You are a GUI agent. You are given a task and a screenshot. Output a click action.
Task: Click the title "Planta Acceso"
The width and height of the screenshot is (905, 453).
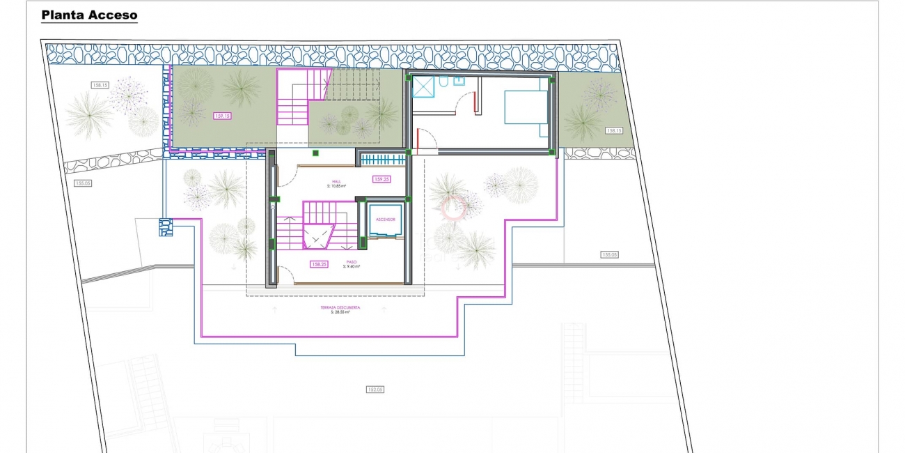tap(89, 15)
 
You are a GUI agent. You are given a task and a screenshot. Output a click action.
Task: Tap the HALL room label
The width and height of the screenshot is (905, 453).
tap(336, 181)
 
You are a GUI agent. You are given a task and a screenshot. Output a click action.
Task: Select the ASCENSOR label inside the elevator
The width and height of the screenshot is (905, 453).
tap(385, 220)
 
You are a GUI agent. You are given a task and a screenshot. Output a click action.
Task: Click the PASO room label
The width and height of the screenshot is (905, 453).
tap(351, 262)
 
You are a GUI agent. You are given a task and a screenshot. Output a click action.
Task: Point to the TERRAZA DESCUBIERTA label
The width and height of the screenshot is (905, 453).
tap(340, 307)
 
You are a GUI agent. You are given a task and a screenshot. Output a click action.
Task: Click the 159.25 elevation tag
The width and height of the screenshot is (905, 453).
tap(381, 179)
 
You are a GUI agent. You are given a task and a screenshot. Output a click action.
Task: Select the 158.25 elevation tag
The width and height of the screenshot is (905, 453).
tap(320, 264)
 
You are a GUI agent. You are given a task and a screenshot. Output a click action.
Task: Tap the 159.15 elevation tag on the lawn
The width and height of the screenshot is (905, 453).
tap(223, 116)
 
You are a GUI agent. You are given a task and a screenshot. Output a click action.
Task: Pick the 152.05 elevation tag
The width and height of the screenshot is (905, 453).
tap(375, 390)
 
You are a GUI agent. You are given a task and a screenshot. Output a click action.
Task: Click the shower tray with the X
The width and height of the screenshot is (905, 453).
tap(423, 86)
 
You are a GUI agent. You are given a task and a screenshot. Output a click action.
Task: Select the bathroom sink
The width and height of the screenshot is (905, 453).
tap(461, 81)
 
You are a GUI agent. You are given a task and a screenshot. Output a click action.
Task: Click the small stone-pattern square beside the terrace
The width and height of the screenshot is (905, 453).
tap(165, 227)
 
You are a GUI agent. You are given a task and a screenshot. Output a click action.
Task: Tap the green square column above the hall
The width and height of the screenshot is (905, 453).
tap(315, 153)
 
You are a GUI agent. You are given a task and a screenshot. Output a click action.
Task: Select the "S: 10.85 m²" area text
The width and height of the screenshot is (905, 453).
tap(336, 186)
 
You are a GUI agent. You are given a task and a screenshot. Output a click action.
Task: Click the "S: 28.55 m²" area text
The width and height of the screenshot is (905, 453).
tap(340, 312)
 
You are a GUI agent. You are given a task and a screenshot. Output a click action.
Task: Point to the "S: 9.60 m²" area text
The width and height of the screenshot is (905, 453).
tap(351, 267)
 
